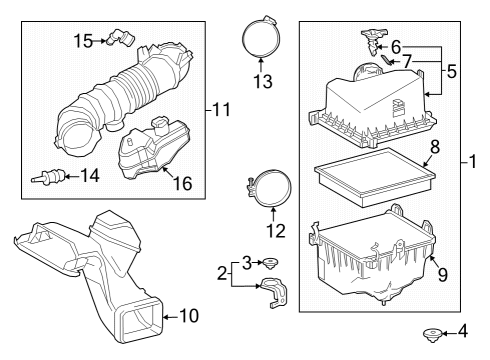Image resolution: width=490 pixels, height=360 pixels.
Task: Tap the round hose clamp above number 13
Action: click(x=260, y=40)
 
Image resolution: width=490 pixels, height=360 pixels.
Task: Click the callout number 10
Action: click(x=187, y=315)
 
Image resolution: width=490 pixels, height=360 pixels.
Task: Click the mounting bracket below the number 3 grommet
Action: click(x=271, y=296)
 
